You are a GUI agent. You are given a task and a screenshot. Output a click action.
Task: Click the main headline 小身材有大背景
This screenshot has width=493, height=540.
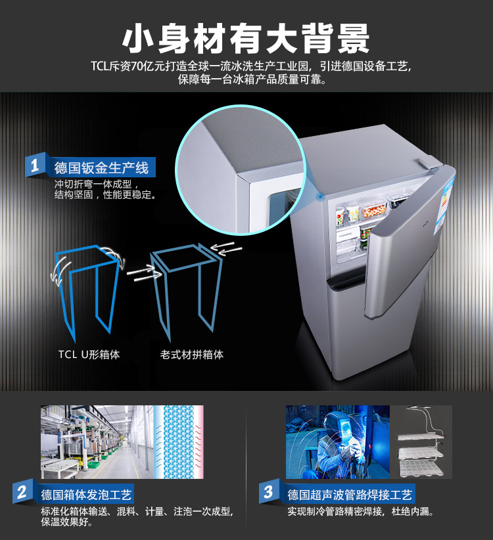[246, 39]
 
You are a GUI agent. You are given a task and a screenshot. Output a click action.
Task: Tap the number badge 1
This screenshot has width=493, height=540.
[35, 166]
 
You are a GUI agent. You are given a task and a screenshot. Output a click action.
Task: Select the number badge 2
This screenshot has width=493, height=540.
[23, 491]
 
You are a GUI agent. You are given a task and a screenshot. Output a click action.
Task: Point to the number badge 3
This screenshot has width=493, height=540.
[269, 491]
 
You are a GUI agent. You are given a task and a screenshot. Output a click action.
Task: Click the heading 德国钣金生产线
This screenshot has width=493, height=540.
[101, 168]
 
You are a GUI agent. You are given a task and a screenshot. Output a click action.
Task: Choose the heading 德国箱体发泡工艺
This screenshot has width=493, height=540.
[86, 495]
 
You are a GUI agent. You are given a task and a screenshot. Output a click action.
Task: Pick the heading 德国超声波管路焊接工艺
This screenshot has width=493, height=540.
[350, 495]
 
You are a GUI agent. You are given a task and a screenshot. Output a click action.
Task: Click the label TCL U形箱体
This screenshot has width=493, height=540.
[89, 354]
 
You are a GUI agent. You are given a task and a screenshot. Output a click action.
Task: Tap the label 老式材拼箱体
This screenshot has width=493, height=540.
[191, 354]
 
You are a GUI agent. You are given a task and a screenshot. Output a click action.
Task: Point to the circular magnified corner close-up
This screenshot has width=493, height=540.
[241, 169]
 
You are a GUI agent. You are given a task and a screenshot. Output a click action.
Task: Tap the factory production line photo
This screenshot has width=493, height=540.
[97, 442]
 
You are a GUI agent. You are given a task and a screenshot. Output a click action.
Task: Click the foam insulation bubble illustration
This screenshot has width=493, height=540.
[178, 442]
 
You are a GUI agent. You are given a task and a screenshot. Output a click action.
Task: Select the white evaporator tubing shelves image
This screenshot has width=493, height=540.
[421, 442]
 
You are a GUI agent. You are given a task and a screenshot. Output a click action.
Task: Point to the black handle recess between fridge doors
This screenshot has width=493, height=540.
[344, 281]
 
